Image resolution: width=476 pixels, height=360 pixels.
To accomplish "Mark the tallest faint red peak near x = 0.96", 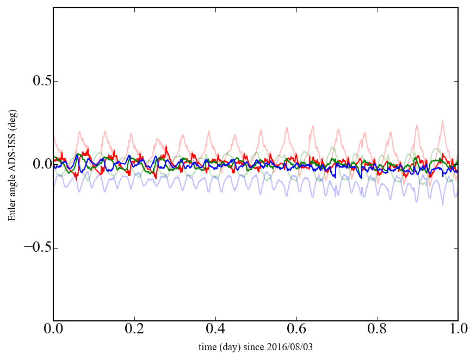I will (x=443, y=121).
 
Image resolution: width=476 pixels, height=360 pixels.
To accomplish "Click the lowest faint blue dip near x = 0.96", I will (x=443, y=204).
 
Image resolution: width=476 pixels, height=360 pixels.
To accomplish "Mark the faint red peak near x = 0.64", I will (x=312, y=126).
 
